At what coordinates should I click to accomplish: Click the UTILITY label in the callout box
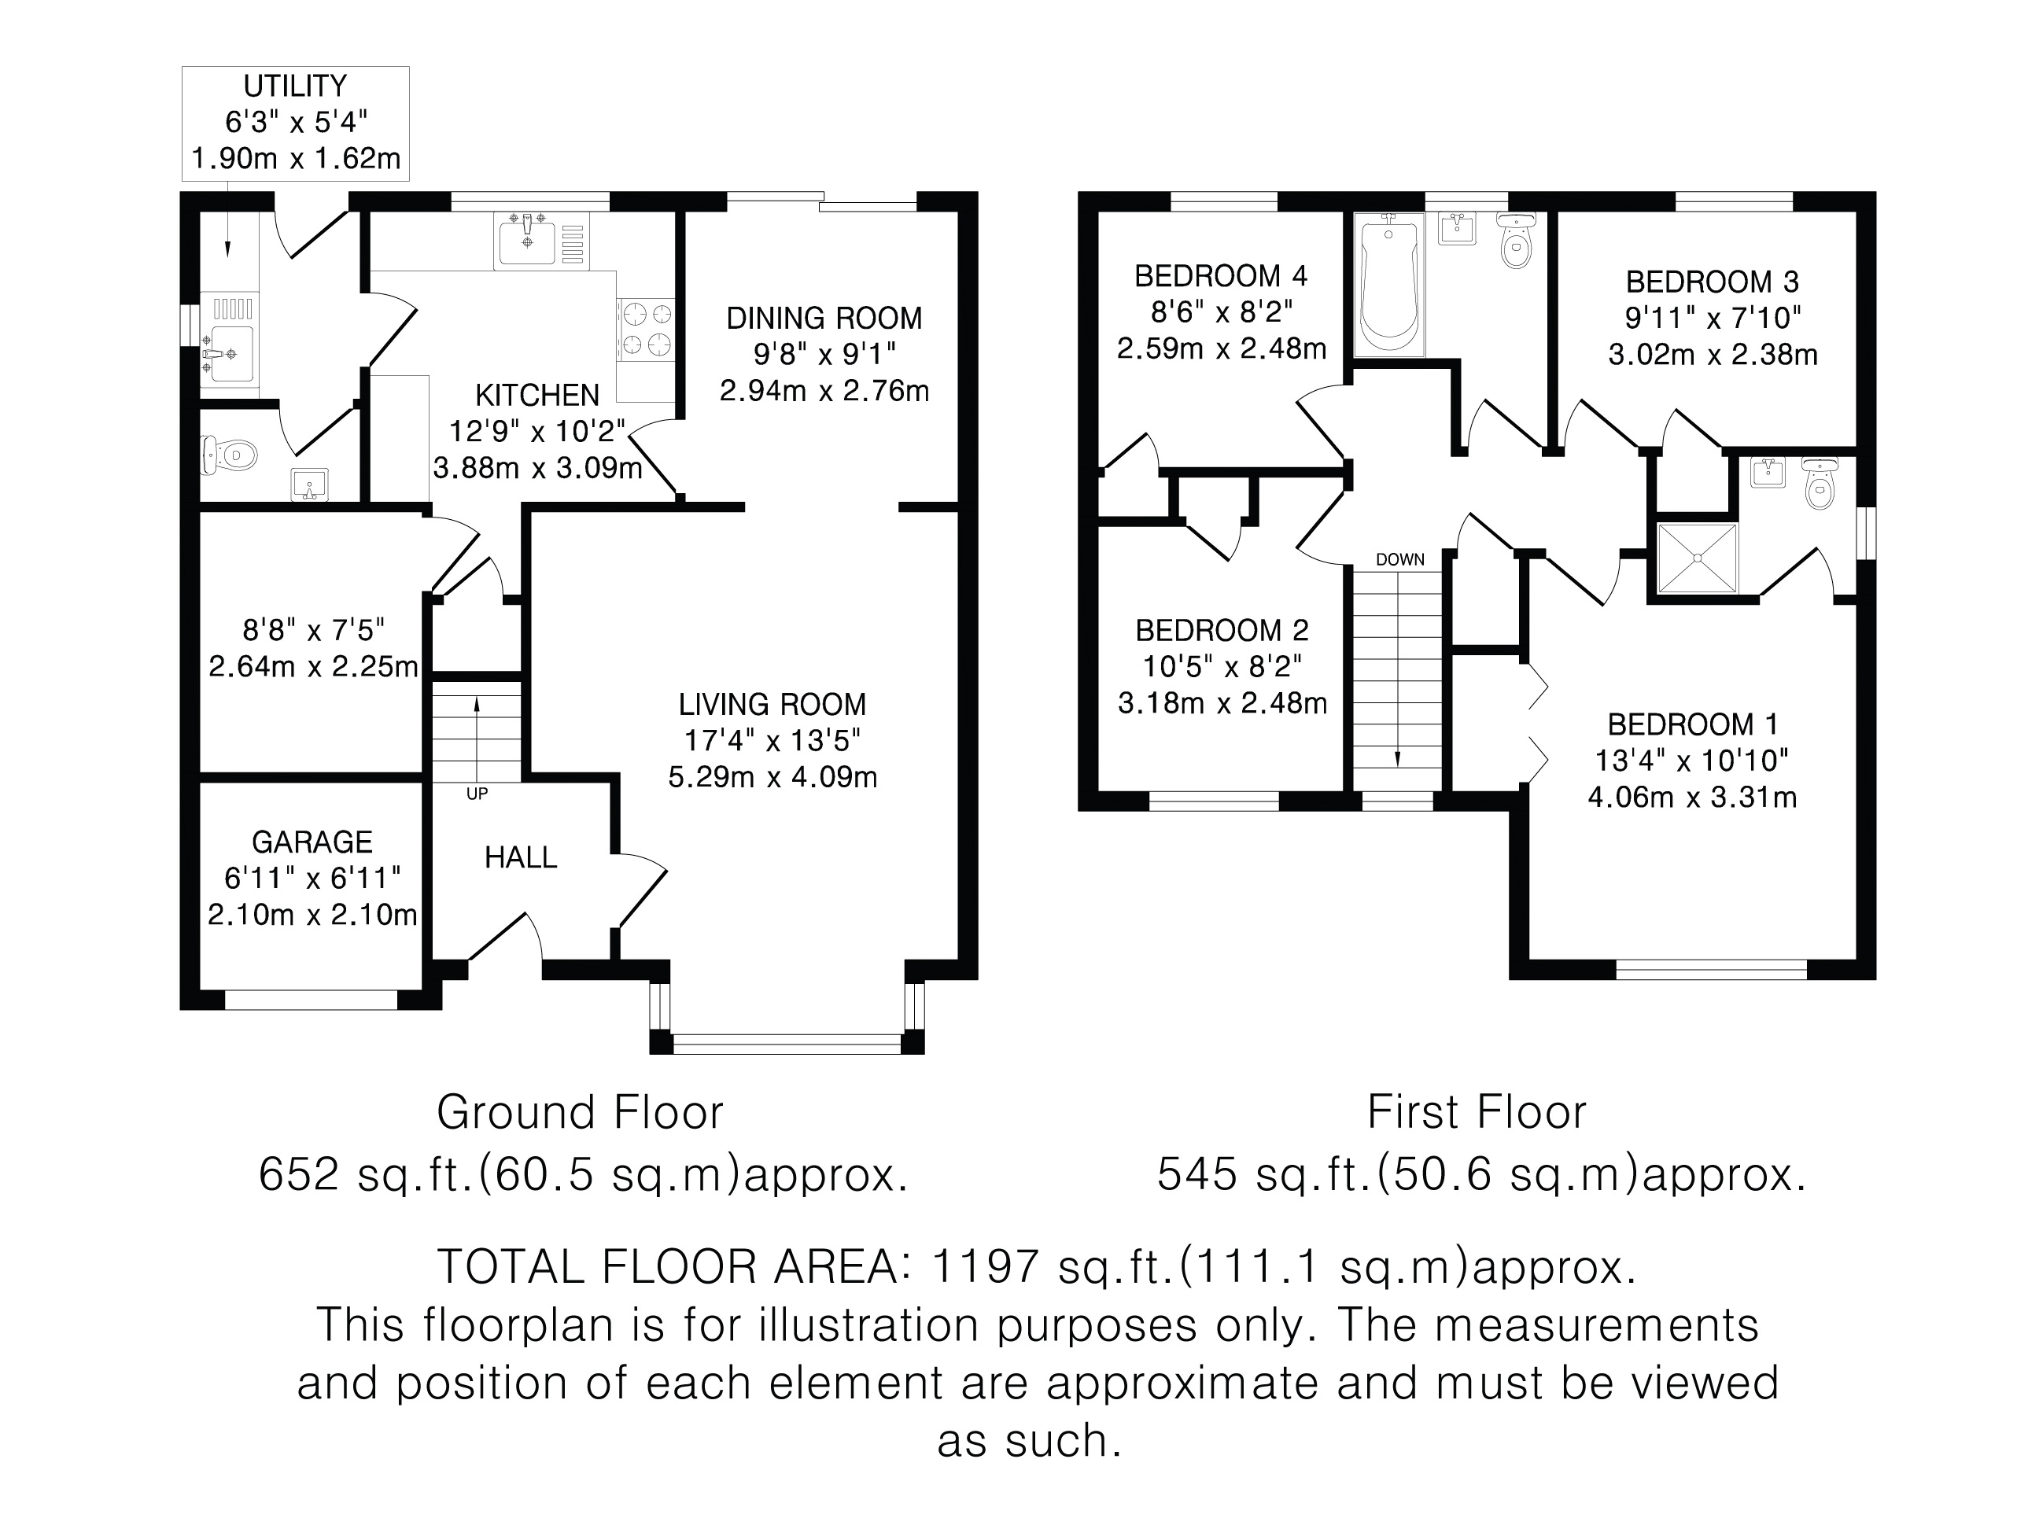pos(295,87)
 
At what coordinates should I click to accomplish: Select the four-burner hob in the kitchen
pos(645,329)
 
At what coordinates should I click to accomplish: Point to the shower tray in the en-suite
pos(1697,558)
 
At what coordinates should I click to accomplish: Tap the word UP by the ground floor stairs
pos(477,794)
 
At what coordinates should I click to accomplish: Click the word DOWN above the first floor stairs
pos(1399,559)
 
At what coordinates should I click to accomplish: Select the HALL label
pos(521,858)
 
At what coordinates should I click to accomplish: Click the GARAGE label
pos(312,842)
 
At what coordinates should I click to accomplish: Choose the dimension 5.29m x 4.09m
pos(772,777)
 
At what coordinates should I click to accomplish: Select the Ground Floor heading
pos(580,1112)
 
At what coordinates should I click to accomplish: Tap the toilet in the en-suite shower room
pos(1819,483)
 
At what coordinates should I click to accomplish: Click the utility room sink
pos(230,353)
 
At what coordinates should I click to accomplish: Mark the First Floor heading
pos(1477,1112)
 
